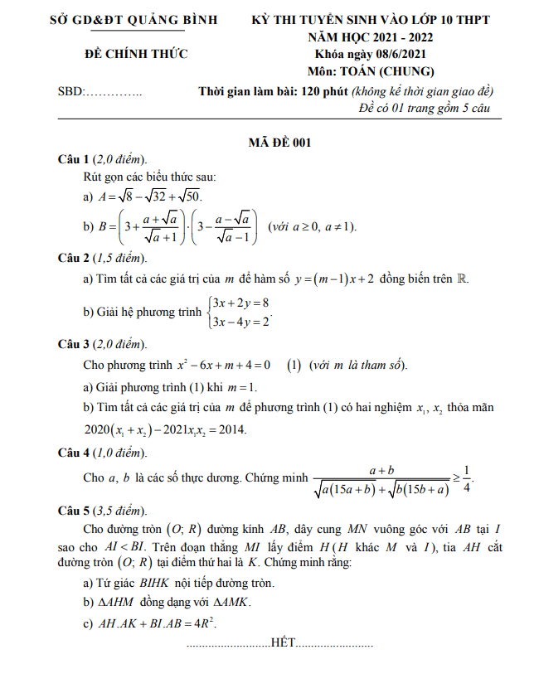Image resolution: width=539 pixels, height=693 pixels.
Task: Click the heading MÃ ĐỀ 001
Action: pyautogui.click(x=279, y=143)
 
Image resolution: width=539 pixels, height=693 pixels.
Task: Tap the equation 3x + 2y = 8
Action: pyautogui.click(x=241, y=304)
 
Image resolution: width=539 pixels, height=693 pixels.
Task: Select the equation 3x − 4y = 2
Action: pyautogui.click(x=241, y=322)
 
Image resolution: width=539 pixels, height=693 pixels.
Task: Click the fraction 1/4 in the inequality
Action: pyautogui.click(x=467, y=479)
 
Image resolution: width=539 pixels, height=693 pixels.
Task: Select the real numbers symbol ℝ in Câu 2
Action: pyautogui.click(x=464, y=279)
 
